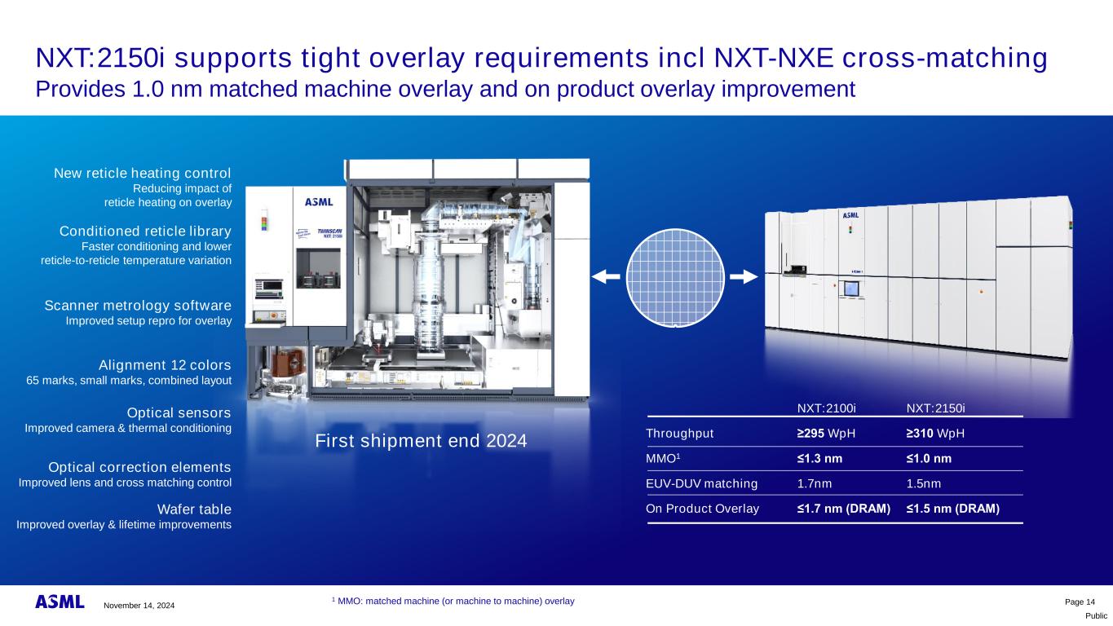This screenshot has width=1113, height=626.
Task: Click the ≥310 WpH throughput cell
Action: [935, 434]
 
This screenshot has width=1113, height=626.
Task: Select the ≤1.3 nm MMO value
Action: [819, 458]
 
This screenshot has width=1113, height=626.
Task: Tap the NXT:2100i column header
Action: [826, 408]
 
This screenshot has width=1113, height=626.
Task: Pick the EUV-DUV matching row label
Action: [701, 483]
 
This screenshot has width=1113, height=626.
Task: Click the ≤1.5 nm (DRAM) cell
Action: [952, 509]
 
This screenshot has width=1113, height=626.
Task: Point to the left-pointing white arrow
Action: [606, 276]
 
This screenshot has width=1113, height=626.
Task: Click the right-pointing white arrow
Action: [744, 276]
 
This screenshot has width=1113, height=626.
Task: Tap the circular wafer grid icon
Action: [675, 278]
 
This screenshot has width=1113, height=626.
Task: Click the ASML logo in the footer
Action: [60, 602]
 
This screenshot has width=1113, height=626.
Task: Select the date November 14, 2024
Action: [139, 605]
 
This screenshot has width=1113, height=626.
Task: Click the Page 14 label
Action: [1080, 602]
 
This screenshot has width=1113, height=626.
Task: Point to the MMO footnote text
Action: [453, 602]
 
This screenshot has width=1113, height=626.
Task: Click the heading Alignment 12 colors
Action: [165, 365]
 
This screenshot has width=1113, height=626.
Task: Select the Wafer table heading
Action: [194, 509]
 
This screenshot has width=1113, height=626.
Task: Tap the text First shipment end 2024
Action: [421, 441]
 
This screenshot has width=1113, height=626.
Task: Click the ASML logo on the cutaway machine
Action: [319, 202]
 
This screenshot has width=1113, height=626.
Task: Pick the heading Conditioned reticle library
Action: [145, 231]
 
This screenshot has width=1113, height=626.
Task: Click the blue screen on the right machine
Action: [851, 289]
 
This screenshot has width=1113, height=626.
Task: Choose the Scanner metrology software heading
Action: [138, 305]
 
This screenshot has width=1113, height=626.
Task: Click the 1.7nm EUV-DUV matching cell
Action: [815, 483]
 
